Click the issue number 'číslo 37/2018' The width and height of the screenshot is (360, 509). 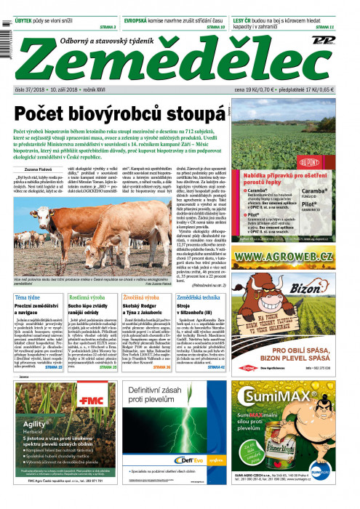point(30,90)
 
